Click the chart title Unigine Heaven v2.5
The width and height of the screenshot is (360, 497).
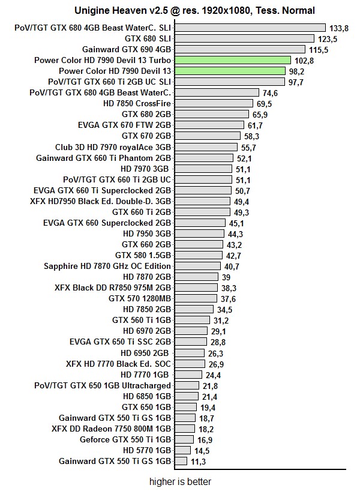pos(194,10)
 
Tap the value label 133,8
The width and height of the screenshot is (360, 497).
pos(335,28)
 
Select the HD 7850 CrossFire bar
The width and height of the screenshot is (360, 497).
pos(213,103)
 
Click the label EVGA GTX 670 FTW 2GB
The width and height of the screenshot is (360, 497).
pos(124,125)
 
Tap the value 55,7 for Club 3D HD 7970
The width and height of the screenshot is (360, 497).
pos(248,147)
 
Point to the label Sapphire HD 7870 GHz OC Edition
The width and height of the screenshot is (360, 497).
pos(107,266)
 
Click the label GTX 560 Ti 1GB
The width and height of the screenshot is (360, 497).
pos(142,320)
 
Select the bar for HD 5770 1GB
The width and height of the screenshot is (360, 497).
pos(183,450)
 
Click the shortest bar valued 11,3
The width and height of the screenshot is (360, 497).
pos(181,461)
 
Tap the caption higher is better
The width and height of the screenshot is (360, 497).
pos(180,481)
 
